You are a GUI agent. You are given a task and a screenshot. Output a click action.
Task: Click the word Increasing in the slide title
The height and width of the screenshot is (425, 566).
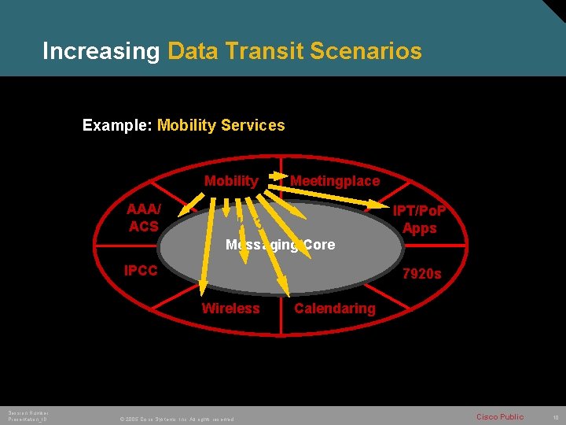click(x=101, y=52)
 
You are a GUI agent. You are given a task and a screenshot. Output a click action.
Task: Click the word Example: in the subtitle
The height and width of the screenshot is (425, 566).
click(x=117, y=125)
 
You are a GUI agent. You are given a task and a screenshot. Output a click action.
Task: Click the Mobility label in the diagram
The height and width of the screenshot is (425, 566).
click(x=230, y=181)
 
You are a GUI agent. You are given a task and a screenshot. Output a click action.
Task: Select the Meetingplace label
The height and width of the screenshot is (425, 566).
click(x=335, y=181)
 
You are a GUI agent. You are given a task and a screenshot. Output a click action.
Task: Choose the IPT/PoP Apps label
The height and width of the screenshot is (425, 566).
click(x=419, y=220)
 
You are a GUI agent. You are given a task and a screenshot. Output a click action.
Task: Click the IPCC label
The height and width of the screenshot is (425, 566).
click(x=142, y=270)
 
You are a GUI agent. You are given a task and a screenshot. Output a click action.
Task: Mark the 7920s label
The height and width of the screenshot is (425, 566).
click(x=421, y=275)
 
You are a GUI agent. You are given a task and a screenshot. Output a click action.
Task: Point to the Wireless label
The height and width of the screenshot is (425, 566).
click(x=230, y=308)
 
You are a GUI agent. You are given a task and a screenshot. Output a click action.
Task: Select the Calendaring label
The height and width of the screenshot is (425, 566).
click(x=335, y=308)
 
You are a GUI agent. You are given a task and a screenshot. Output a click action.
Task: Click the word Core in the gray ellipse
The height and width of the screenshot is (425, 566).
click(x=318, y=245)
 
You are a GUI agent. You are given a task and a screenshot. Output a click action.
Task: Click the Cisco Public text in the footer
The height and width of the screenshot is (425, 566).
click(x=499, y=416)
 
